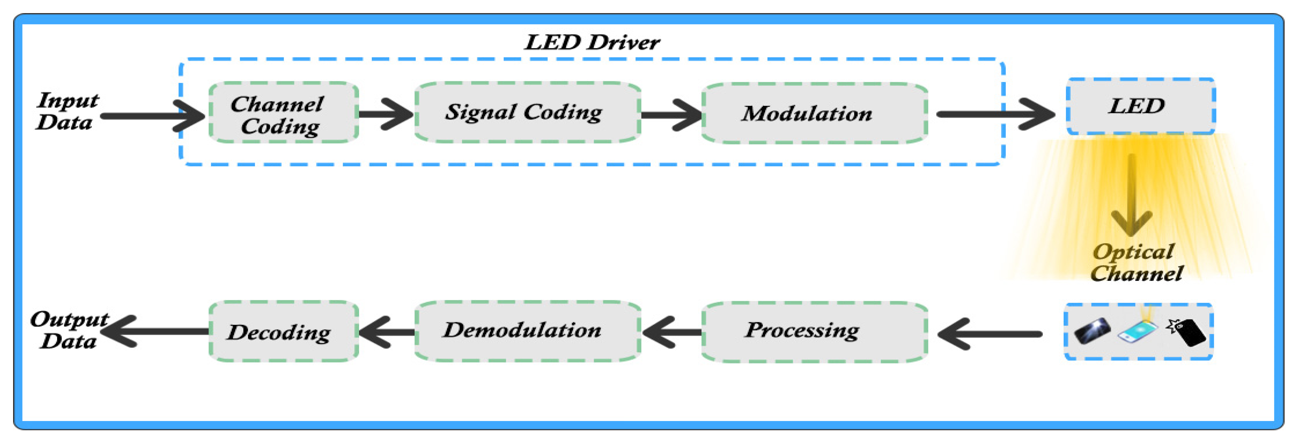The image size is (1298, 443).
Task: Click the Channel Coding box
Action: tap(283, 112)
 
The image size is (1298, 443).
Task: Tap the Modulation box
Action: tap(814, 113)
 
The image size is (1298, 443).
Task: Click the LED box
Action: tap(1140, 106)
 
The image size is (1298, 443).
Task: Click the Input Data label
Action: tap(67, 111)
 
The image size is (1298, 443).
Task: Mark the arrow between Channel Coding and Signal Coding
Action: tap(386, 114)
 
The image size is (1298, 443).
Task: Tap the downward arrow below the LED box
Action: tap(1131, 196)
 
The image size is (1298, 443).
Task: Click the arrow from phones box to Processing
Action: tap(990, 334)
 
